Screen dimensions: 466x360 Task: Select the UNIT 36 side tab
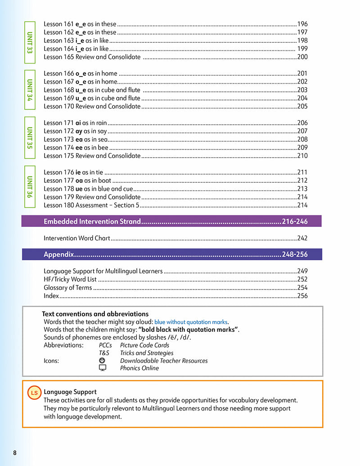30,187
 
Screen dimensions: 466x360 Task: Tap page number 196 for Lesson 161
302,24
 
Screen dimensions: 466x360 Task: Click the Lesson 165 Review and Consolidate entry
92,57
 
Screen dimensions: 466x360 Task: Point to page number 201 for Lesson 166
302,73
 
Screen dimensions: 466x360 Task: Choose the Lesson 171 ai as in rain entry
75,123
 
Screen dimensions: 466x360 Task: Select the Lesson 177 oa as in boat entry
77,181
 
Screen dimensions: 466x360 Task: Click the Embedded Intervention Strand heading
92,222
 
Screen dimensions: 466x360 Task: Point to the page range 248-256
295,254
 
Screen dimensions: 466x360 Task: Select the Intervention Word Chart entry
76,238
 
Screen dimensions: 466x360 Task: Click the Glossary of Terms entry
67,288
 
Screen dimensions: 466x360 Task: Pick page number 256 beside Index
302,296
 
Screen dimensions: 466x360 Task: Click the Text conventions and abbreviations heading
95,314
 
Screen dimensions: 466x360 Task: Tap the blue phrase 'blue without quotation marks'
191,322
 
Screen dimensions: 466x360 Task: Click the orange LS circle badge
34,393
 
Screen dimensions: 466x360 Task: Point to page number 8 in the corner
15,452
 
